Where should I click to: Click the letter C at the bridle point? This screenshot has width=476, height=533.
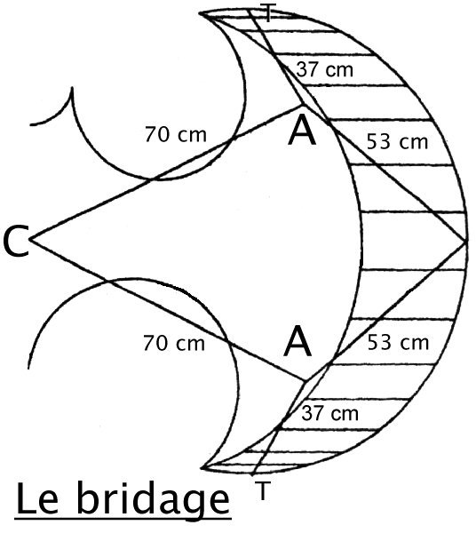[15, 242]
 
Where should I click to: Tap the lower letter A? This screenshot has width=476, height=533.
[297, 341]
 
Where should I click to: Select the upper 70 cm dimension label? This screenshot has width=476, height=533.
[176, 134]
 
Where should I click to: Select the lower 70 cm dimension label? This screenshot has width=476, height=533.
[174, 343]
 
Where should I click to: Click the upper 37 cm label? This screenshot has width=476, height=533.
[324, 69]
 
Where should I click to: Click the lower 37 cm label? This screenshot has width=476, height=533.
[329, 413]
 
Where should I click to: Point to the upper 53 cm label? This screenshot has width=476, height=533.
[397, 141]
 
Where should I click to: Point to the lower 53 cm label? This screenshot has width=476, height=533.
[398, 342]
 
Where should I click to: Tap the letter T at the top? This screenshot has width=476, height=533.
[268, 13]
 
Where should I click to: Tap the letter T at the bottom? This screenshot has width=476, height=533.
[262, 490]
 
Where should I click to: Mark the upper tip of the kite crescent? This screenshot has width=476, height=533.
[200, 13]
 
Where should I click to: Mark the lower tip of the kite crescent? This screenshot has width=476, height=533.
[202, 467]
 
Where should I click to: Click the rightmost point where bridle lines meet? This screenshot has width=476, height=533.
[464, 242]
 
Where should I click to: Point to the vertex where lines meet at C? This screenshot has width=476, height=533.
[30, 239]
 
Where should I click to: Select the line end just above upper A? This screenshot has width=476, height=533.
[301, 106]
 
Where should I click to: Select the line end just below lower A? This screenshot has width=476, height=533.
[305, 380]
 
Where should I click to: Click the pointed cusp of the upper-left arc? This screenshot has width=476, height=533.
[72, 88]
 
